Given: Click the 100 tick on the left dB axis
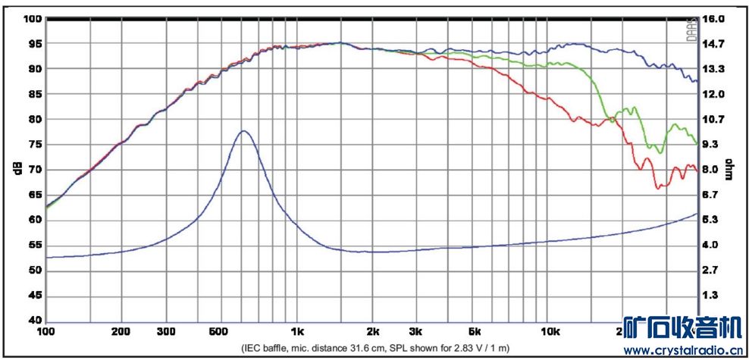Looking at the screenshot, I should click(33, 18).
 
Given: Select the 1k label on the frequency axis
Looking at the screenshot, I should click(296, 332).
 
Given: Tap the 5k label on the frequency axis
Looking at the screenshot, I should click(475, 332).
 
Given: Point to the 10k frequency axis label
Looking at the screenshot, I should click(550, 332).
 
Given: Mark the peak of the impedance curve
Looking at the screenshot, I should click(243, 131).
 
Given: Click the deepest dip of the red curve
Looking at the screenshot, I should click(660, 187).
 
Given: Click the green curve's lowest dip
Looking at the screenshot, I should click(661, 153).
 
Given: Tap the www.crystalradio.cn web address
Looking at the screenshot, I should click(682, 350).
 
